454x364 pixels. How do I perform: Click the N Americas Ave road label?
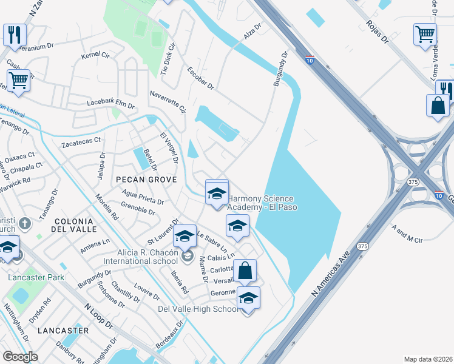pyautogui.click(x=328, y=275)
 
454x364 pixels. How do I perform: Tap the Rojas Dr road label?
pyautogui.click(x=376, y=31)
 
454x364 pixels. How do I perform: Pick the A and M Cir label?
pyautogui.click(x=407, y=235)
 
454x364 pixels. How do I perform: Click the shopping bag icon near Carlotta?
pyautogui.click(x=245, y=270)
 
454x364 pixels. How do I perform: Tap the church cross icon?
pyautogui.click(x=24, y=224)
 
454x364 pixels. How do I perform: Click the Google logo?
pyautogui.click(x=20, y=356)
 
